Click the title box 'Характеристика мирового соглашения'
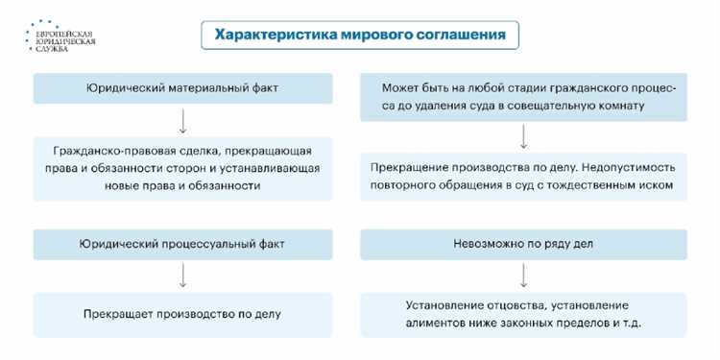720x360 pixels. click(361, 36)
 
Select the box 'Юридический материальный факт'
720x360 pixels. click(182, 88)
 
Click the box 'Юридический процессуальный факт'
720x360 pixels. click(182, 244)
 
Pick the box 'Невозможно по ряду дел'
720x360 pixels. click(523, 244)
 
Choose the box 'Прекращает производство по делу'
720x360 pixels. click(182, 314)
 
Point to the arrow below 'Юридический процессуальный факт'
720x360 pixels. click(182, 276)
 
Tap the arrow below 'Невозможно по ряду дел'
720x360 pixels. click(523, 276)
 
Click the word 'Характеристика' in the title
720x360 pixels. click(273, 36)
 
